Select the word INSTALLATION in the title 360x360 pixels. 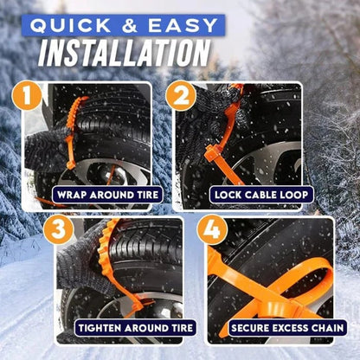point(126,54)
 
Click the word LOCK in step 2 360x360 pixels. point(229,196)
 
